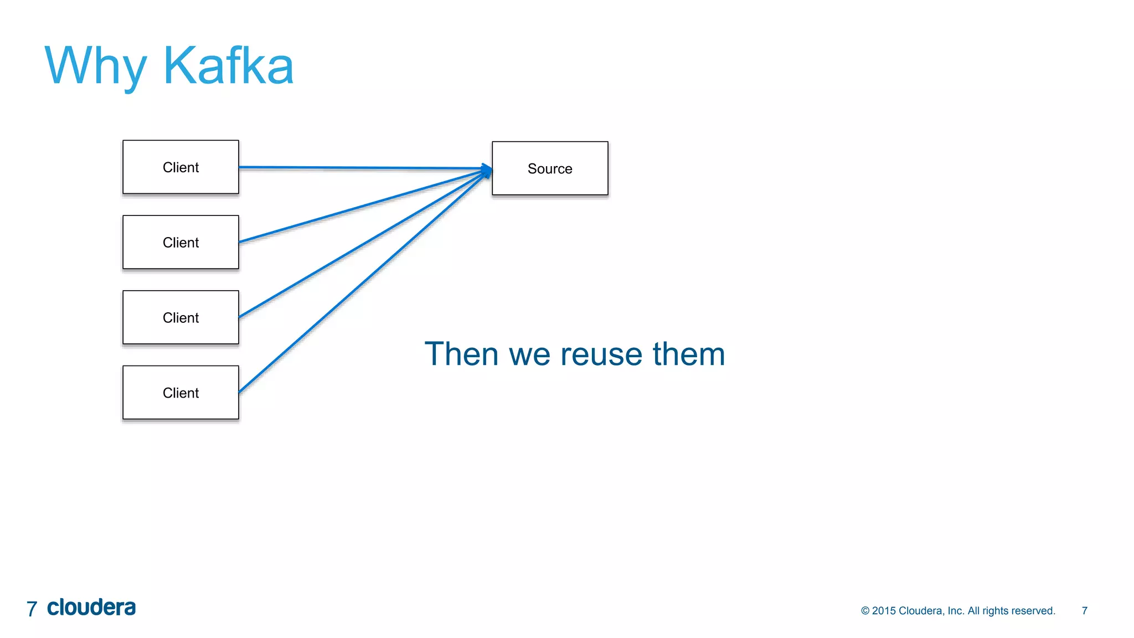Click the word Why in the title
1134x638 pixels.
tap(95, 66)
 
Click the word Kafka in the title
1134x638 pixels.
tap(228, 66)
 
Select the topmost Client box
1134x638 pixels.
tap(181, 167)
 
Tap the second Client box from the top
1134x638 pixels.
tap(181, 243)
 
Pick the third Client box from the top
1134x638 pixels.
tap(181, 318)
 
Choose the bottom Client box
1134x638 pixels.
tap(181, 393)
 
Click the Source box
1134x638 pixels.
tap(550, 168)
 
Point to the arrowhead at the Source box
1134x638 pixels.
tap(487, 169)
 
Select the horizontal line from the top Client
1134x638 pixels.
tap(360, 167)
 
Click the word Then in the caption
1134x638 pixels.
tap(461, 354)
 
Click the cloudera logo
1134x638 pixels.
tap(91, 608)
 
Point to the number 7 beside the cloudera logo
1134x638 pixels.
tap(32, 609)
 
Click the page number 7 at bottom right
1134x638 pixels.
tap(1084, 611)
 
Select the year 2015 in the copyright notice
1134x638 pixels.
tap(884, 611)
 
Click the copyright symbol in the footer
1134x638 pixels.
tap(865, 611)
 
